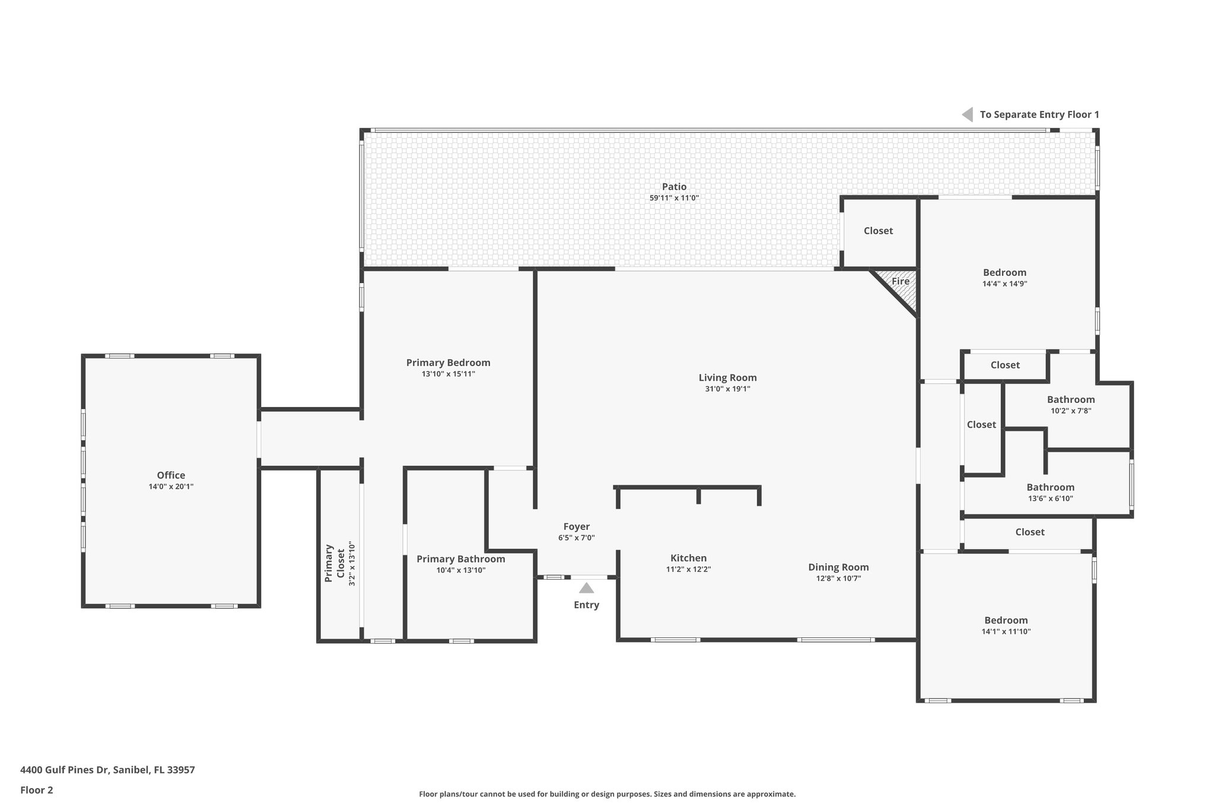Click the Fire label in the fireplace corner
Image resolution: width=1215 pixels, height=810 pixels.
(x=900, y=281)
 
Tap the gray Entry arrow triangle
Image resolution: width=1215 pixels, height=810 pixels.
(x=586, y=588)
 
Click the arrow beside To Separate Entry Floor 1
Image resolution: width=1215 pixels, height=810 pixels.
(x=968, y=115)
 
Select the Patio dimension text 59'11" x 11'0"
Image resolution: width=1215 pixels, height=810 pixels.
(x=674, y=198)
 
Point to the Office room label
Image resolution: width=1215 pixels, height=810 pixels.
(x=171, y=475)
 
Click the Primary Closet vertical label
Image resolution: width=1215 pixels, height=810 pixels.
(x=335, y=563)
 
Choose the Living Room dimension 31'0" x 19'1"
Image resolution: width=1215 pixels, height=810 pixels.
(x=727, y=389)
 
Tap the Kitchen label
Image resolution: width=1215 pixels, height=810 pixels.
(x=688, y=558)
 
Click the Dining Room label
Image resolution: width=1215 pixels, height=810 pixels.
(x=838, y=567)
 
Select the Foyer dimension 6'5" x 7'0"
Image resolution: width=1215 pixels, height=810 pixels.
(x=576, y=538)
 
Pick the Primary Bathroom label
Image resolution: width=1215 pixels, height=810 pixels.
(x=460, y=559)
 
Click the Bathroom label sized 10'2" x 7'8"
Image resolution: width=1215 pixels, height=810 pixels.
(x=1070, y=399)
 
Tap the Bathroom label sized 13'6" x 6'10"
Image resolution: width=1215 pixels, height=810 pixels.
(x=1050, y=487)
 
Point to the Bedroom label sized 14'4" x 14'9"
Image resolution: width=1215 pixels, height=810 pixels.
(x=1004, y=272)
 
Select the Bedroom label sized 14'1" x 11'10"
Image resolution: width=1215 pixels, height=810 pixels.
(x=1006, y=620)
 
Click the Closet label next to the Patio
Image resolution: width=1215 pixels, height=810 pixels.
(x=878, y=231)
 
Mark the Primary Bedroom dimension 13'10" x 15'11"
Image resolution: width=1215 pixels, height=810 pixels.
(x=448, y=374)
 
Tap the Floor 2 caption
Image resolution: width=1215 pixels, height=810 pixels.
(x=37, y=790)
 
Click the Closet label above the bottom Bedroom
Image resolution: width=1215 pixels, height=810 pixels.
(x=1029, y=532)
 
